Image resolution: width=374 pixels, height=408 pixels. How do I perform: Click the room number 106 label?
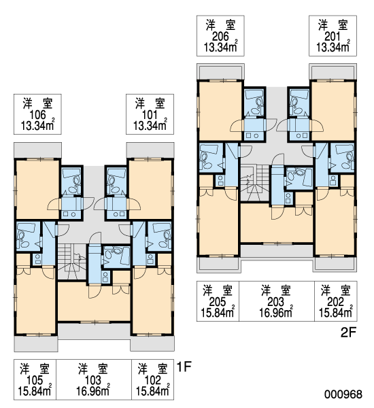tap(37, 115)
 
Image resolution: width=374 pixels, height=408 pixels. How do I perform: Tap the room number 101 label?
tap(150, 115)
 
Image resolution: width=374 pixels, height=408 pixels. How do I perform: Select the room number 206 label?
tap(220, 37)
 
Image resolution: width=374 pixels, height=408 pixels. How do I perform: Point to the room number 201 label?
tap(333, 37)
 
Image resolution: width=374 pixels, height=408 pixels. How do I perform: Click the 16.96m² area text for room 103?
tap(93, 390)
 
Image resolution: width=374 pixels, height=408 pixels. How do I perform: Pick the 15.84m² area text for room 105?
tap(35, 390)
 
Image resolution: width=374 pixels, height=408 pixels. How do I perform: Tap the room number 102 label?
tap(153, 380)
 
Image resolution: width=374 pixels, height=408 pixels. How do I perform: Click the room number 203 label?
tap(276, 302)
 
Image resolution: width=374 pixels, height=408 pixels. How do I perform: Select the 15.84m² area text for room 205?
tap(218, 312)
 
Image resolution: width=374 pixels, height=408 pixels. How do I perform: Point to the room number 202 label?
tap(336, 302)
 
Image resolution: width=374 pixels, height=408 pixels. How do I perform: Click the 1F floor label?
tap(184, 367)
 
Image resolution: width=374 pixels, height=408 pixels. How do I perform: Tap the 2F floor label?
tap(348, 333)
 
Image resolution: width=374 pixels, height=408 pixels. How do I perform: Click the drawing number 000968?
tap(343, 394)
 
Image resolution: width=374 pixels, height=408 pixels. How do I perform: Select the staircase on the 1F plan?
tap(71, 262)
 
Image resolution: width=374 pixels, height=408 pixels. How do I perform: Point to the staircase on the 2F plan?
tap(254, 183)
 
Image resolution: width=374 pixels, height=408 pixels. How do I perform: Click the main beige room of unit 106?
tap(37, 190)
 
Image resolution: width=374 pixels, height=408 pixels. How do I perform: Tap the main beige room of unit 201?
tap(333, 111)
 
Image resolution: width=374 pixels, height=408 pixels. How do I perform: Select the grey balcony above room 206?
tap(220, 71)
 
